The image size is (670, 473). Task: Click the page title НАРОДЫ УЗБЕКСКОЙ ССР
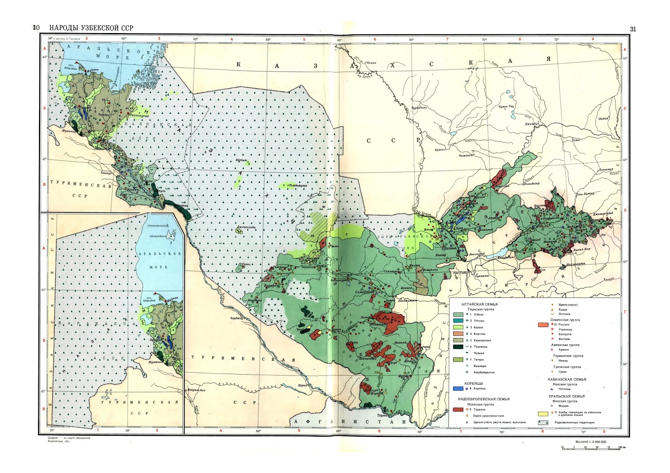(x=91, y=28)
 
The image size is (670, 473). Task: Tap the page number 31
(x=633, y=29)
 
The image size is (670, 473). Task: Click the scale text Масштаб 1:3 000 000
(x=590, y=442)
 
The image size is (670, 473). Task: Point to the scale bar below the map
(x=590, y=448)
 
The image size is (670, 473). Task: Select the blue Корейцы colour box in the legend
(x=458, y=388)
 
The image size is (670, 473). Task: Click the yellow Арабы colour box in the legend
(x=543, y=414)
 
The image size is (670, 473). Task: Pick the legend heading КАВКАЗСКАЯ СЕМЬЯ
(x=567, y=379)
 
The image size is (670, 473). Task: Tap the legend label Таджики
(x=479, y=409)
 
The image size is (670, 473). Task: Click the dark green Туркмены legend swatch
(x=458, y=347)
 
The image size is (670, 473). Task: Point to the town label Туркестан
(x=419, y=108)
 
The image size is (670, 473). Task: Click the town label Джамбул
(x=531, y=124)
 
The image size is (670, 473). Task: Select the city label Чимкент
(x=465, y=155)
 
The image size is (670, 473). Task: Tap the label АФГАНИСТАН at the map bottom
(x=350, y=422)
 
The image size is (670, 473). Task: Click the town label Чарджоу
(x=237, y=318)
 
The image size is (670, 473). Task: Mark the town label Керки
(x=303, y=386)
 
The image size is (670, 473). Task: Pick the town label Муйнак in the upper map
(x=93, y=69)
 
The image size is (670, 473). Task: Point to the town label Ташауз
(x=106, y=172)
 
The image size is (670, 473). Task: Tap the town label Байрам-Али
(x=196, y=390)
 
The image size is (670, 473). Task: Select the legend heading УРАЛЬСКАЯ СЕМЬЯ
(x=566, y=396)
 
